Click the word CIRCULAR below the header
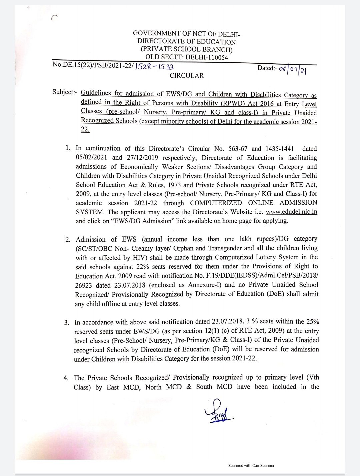point(187,76)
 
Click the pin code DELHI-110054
point(206,57)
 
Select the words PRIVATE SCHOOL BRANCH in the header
point(186,50)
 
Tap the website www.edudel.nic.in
point(291,212)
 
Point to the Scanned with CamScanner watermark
point(251,465)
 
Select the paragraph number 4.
point(66,378)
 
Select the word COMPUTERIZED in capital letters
point(216,203)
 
